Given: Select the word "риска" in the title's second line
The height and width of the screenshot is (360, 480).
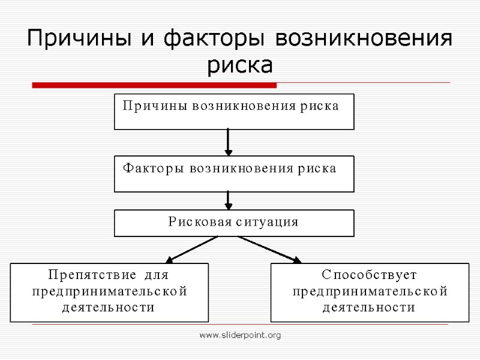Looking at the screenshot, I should click(239, 65).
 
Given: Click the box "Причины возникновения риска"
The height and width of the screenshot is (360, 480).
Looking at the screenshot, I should click(234, 112).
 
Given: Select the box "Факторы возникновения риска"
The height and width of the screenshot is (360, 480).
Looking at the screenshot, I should click(234, 174).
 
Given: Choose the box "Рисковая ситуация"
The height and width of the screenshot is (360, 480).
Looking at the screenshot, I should click(234, 223).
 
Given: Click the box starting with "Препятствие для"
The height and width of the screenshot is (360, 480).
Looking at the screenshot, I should click(109, 292).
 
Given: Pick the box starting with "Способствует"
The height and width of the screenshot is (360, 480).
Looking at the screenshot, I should click(370, 292).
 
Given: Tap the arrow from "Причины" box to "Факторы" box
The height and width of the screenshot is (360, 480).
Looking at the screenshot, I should click(229, 142).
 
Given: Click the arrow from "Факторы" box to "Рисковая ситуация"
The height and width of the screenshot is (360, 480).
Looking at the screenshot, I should click(229, 200).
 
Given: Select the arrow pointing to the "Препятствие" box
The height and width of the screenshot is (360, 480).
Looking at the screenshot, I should click(191, 249).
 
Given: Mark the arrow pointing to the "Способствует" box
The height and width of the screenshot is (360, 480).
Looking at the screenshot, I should click(270, 249).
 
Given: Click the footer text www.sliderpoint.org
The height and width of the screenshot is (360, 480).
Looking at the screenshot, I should click(240, 335).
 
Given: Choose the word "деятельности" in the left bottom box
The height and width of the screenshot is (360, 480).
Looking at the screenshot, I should click(109, 308).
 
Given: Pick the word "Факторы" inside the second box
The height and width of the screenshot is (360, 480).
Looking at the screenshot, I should click(154, 169).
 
